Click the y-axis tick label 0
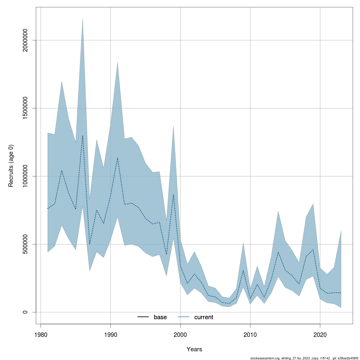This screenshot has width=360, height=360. [25, 312]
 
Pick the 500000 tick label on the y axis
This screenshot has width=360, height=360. [25, 244]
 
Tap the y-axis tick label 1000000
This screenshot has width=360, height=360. [25, 176]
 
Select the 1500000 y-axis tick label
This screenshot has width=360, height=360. [25, 108]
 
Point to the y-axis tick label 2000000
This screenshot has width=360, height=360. [25, 40]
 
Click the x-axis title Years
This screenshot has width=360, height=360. [194, 349]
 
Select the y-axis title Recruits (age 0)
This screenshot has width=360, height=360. [11, 166]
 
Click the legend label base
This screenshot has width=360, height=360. [160, 317]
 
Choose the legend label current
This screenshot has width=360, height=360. [204, 317]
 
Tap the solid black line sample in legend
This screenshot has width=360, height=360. [143, 317]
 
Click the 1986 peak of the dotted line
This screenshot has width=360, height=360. [82, 135]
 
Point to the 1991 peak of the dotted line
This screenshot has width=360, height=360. [118, 157]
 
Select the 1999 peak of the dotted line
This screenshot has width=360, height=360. [173, 194]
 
